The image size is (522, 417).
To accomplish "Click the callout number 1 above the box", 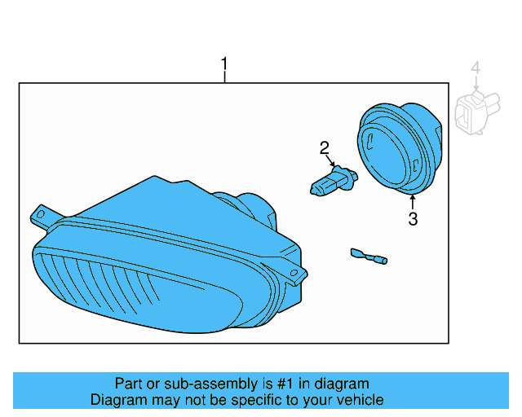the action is pos(225,64).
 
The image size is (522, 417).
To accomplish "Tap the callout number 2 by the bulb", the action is pos(325,147).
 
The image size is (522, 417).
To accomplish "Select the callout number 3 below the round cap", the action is pos(413,219).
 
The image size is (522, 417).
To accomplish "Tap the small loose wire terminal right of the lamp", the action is pos(368,257).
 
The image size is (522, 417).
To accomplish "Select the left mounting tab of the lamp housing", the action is pos(40,216).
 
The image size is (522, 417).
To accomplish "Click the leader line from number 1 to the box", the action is pos(225,77).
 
